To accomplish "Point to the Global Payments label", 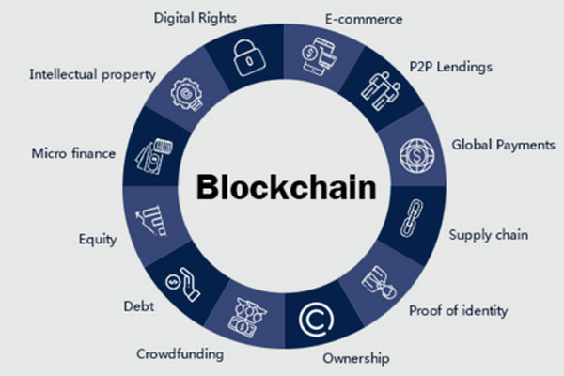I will [x=503, y=145].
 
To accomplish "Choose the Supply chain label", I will [x=489, y=234].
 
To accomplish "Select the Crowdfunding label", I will [x=180, y=354].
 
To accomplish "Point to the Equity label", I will [x=98, y=240].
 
